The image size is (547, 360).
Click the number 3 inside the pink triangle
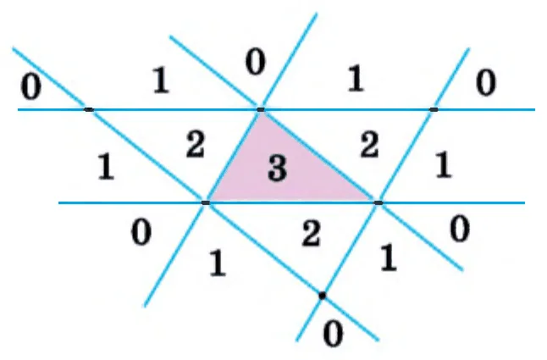[x=278, y=169]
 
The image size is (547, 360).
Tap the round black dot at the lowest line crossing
[x=323, y=296]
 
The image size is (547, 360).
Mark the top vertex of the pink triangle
[x=261, y=110]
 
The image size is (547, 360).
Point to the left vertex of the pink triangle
[x=206, y=202]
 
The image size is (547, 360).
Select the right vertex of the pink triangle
[x=378, y=202]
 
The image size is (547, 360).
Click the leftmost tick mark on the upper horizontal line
[x=89, y=110]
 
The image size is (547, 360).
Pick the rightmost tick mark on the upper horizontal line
[x=434, y=109]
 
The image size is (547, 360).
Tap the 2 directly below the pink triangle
[x=311, y=234]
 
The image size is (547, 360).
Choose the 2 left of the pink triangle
[x=195, y=145]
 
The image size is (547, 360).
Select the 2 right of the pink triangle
[x=369, y=146]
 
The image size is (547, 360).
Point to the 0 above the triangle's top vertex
[x=256, y=62]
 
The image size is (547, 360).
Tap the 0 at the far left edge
[x=30, y=86]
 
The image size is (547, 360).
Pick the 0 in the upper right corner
[x=485, y=83]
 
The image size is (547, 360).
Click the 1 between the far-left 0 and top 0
[x=161, y=81]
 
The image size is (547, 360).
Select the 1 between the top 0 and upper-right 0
[x=356, y=79]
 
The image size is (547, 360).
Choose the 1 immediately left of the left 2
[x=106, y=168]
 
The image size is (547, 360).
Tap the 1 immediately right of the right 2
[x=443, y=165]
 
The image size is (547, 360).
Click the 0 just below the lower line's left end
[x=141, y=233]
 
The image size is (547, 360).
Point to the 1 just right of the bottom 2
[x=388, y=258]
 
